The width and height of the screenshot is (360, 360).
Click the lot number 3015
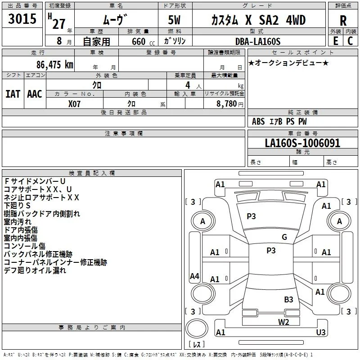click(22, 18)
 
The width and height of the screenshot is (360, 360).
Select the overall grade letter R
click(343, 21)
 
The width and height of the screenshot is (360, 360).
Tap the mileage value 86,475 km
click(54, 64)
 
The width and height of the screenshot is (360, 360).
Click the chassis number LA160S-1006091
click(302, 143)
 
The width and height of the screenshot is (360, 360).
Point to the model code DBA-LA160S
click(258, 41)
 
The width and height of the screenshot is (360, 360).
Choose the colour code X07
click(74, 104)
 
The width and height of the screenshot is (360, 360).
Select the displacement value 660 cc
click(143, 41)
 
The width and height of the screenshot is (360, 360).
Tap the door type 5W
click(174, 20)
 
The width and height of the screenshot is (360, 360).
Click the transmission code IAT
click(13, 94)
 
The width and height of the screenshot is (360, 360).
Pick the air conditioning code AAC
click(35, 94)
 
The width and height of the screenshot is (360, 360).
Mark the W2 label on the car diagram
click(283, 322)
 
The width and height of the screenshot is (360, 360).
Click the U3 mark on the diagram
click(321, 332)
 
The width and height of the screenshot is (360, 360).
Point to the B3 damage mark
click(288, 299)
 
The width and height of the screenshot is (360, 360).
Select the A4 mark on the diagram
click(194, 276)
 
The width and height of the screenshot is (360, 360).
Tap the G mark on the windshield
click(284, 237)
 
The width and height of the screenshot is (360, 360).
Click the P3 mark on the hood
click(251, 216)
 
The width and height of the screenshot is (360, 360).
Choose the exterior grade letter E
click(336, 40)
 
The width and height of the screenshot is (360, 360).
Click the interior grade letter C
click(350, 40)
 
